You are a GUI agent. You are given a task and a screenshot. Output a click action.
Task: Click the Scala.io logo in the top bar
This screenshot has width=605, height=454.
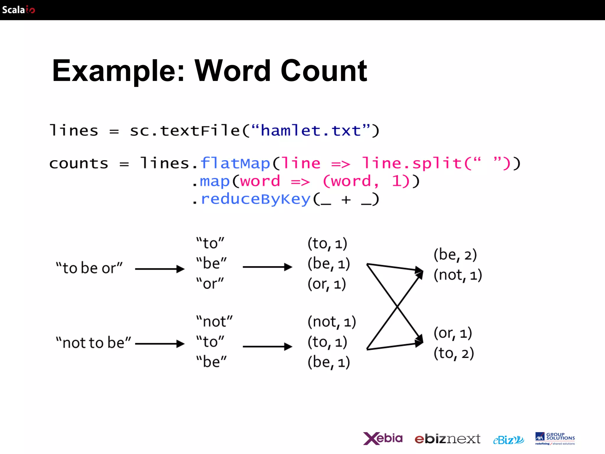point(18,10)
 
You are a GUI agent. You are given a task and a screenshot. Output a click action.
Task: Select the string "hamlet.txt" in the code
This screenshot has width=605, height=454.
point(311,131)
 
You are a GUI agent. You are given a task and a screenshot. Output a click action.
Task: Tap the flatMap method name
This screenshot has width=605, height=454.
point(235,163)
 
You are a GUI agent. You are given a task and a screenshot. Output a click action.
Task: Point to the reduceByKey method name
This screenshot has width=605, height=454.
point(256,199)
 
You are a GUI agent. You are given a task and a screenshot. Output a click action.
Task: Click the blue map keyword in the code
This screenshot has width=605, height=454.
point(215,181)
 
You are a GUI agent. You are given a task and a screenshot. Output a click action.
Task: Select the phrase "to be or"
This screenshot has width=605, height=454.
point(89,268)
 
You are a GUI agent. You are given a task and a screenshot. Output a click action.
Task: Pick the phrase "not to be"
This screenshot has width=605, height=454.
point(93,343)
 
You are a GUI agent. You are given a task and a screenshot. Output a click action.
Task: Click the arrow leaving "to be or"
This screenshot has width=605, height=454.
point(160,269)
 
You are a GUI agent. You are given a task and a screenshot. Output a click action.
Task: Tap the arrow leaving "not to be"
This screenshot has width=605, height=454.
point(160,344)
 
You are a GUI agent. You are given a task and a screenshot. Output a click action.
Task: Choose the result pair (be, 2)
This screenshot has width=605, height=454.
point(455,255)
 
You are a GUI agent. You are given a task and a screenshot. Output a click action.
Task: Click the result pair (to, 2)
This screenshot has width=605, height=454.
point(454,354)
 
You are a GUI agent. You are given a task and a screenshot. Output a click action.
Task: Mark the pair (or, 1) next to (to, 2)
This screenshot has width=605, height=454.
point(453,333)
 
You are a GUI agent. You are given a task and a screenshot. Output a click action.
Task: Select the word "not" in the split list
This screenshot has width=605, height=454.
point(214,322)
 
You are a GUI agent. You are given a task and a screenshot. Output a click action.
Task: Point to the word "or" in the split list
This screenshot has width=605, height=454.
point(210,284)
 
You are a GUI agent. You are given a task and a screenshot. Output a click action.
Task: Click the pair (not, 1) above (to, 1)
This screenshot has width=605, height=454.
point(331,322)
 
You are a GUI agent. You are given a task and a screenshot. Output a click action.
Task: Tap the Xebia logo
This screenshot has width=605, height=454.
point(383,438)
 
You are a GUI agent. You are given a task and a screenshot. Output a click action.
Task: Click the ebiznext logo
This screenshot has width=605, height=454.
point(447,439)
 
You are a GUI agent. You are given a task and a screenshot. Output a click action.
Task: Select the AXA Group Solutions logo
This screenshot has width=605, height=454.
point(555,438)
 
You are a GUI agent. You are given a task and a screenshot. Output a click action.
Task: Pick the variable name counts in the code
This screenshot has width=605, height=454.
point(79,164)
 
